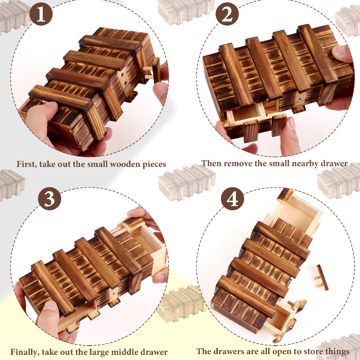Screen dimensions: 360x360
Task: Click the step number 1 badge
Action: point(41,14)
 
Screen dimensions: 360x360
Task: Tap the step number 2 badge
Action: point(227,14)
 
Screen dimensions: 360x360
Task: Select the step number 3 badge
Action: point(49,198)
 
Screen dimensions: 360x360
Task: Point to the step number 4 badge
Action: point(232,198)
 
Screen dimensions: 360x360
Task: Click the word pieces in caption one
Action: point(154,165)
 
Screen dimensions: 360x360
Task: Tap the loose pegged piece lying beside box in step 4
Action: point(321,278)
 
